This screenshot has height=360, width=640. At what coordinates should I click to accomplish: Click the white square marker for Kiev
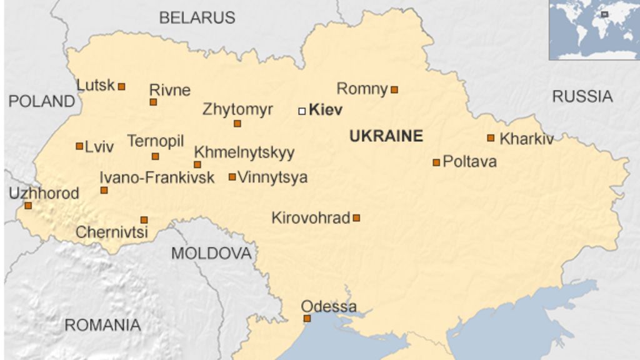(302, 111)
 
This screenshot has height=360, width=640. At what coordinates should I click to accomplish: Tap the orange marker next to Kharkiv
(491, 138)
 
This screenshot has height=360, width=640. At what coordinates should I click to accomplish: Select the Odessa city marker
(307, 318)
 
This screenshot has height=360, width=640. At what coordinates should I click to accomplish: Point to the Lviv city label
(99, 147)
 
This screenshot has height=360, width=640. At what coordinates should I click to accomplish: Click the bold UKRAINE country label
(386, 136)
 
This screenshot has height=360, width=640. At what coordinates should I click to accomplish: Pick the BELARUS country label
(197, 17)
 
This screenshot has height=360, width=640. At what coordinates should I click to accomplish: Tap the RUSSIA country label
(582, 96)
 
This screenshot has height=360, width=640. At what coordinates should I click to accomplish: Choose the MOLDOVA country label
(211, 253)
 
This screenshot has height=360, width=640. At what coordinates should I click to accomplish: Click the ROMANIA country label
(102, 325)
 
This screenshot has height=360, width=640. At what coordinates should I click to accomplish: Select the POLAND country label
(41, 101)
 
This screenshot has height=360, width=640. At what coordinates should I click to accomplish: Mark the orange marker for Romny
(394, 90)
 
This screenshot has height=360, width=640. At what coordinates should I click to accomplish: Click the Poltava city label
(469, 162)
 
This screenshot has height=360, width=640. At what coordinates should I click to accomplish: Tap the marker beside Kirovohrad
(356, 218)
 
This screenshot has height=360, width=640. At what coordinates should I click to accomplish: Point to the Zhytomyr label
(237, 110)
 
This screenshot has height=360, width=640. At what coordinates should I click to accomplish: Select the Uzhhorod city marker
(28, 205)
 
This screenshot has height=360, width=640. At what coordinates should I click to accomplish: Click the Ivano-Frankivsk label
(157, 177)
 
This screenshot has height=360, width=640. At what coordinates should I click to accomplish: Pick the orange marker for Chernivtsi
(144, 220)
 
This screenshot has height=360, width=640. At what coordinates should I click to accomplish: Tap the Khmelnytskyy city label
(244, 152)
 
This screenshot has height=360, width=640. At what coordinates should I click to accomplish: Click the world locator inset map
(594, 29)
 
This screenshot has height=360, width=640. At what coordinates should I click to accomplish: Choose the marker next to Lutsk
(122, 86)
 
